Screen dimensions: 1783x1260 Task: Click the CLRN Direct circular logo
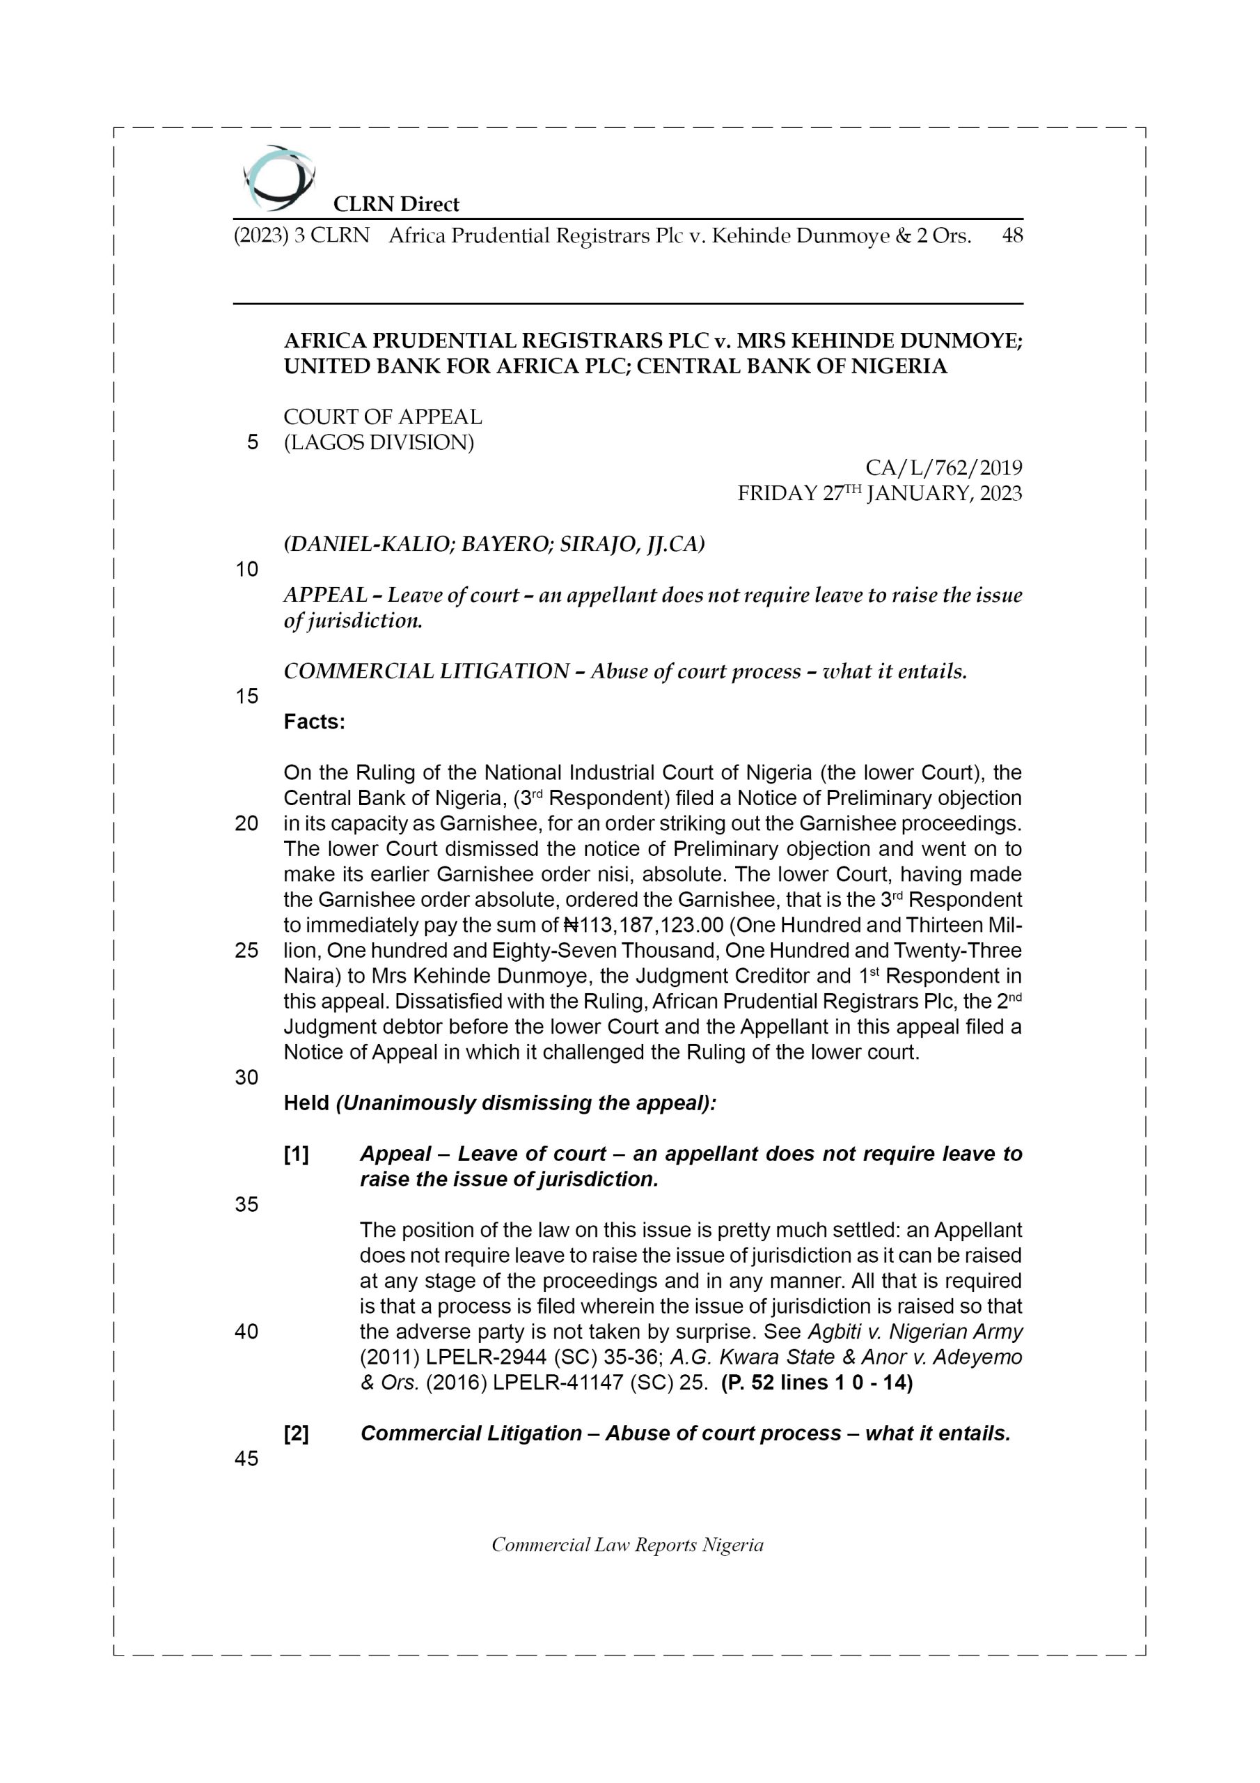click(278, 178)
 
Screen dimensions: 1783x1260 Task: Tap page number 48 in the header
click(1011, 235)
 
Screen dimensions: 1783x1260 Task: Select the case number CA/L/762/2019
click(943, 468)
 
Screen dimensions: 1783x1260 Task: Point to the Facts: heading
click(315, 722)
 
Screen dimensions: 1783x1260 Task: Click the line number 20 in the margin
click(246, 824)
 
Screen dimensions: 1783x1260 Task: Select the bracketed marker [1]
click(296, 1155)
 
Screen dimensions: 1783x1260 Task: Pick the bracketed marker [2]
click(296, 1433)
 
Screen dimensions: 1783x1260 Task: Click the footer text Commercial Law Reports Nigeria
click(627, 1545)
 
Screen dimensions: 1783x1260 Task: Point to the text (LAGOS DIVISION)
click(379, 443)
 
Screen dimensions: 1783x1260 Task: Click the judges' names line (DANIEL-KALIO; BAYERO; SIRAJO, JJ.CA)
click(494, 545)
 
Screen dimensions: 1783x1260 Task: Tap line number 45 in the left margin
click(246, 1459)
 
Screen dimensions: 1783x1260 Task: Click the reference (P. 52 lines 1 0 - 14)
click(817, 1383)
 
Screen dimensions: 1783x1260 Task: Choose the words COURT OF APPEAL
click(383, 417)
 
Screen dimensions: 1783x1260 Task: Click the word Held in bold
click(307, 1103)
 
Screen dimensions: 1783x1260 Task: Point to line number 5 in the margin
click(252, 443)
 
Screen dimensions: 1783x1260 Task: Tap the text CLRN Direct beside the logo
click(396, 204)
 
